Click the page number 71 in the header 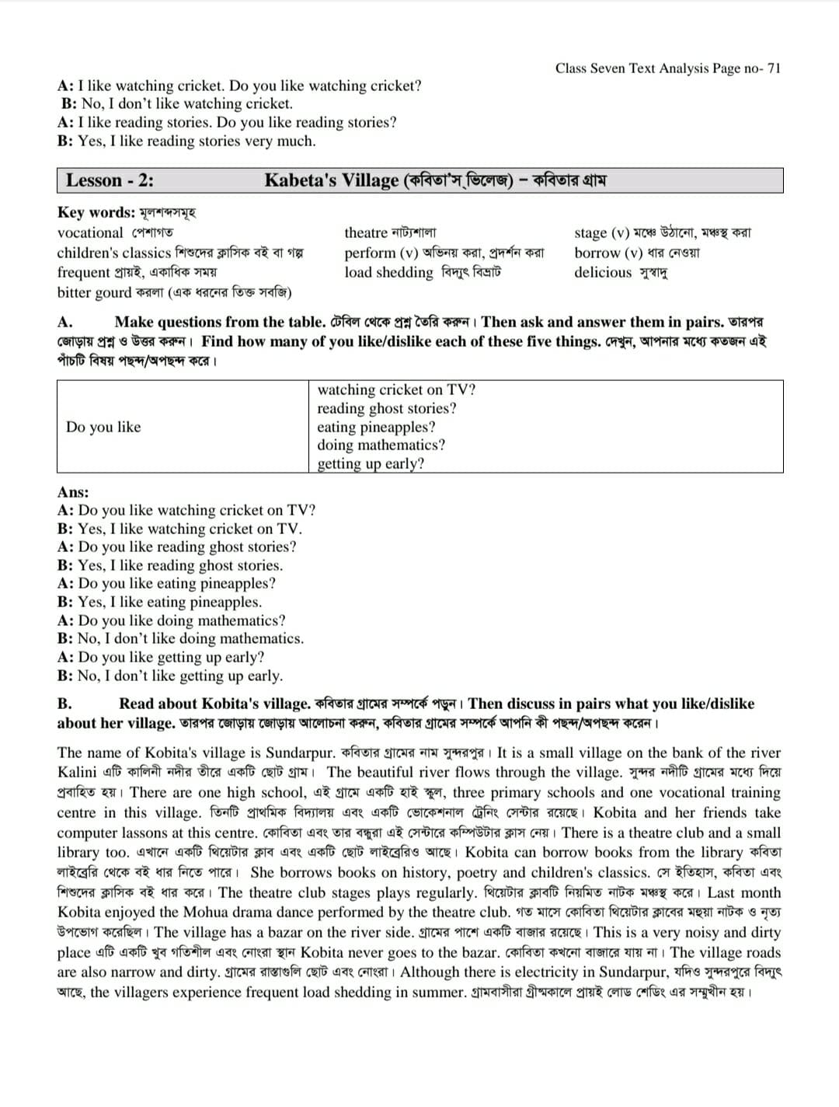click(773, 68)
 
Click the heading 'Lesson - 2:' click(110, 180)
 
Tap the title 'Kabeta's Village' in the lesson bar click(332, 180)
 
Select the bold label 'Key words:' click(96, 212)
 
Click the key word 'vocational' click(90, 232)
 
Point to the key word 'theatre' click(366, 232)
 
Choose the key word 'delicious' click(603, 272)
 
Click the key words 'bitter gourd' click(94, 292)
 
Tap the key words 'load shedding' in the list click(388, 272)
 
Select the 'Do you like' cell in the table click(103, 427)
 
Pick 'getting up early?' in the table click(371, 464)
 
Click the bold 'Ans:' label click(73, 492)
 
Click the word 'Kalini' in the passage click(77, 772)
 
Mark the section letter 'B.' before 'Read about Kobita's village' click(64, 704)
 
